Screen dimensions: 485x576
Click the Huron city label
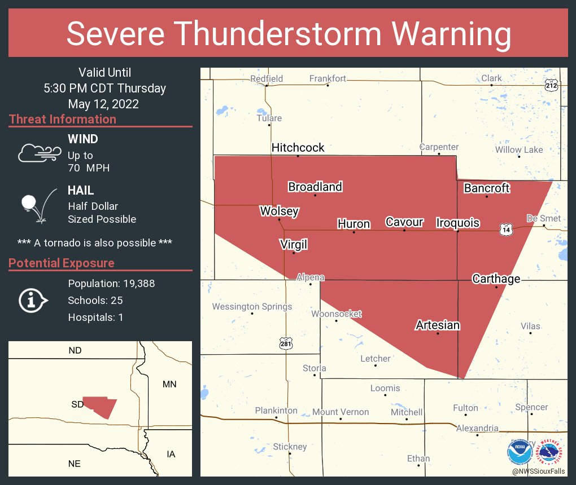[x=354, y=224]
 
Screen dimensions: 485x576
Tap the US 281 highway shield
[x=286, y=343]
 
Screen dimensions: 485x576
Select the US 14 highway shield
[x=505, y=229]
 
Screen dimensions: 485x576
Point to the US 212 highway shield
[x=552, y=86]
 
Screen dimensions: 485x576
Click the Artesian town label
[x=438, y=325]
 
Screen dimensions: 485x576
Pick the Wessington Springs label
[x=252, y=307]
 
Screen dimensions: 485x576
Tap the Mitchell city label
[x=407, y=412]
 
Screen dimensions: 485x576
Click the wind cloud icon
[x=39, y=153]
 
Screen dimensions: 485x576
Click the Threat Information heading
[x=63, y=120]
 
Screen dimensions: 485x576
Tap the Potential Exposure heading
[x=62, y=263]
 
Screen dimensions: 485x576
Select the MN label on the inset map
[x=169, y=385]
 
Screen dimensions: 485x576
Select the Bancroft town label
[x=487, y=188]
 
